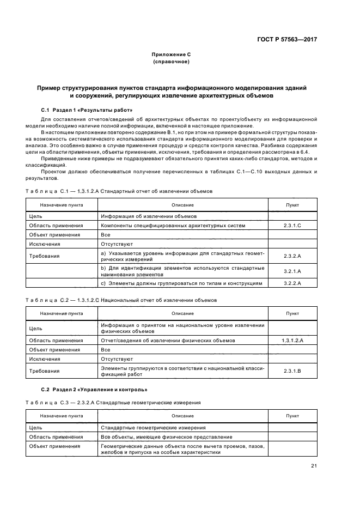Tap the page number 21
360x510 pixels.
314,465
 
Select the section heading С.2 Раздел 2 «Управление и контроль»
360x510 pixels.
94,390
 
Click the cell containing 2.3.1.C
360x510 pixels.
292,225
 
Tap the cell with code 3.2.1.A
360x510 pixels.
292,271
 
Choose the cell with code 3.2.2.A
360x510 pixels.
292,283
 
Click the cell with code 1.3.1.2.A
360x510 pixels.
292,340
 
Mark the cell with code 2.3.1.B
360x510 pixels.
292,371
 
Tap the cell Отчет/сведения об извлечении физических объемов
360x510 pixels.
168,340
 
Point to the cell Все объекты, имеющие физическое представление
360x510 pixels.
166,436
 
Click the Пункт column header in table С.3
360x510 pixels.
292,416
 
